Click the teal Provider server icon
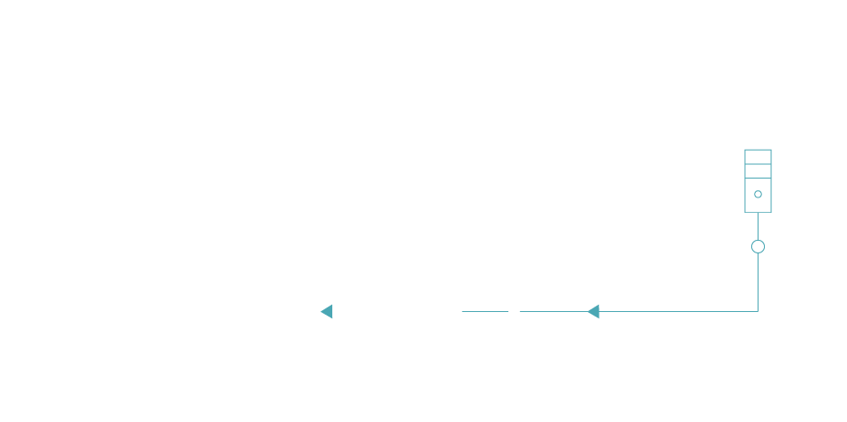click(x=758, y=180)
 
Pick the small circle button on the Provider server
click(x=758, y=194)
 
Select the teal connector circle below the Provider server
click(x=758, y=246)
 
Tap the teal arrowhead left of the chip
click(x=327, y=312)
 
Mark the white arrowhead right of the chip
click(x=514, y=312)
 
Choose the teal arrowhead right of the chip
click(x=592, y=312)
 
